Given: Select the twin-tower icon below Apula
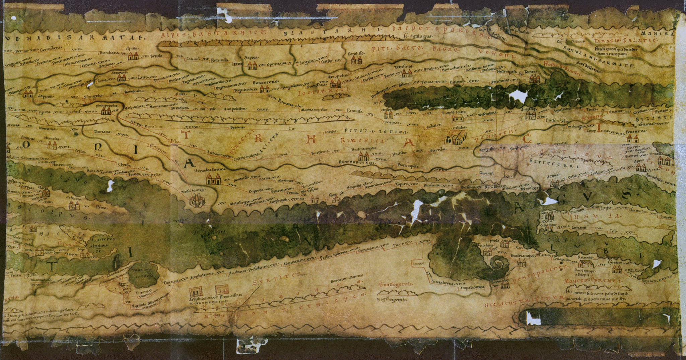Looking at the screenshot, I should pyautogui.click(x=134, y=56).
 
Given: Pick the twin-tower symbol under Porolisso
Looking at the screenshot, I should pyautogui.click(x=356, y=60).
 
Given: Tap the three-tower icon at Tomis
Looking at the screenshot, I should pyautogui.click(x=535, y=79).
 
